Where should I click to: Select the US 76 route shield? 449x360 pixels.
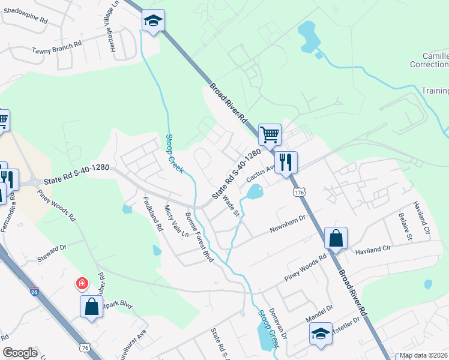click(x=86, y=347)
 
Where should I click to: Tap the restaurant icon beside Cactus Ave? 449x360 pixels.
click(x=286, y=162)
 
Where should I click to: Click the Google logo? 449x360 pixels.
click(x=20, y=353)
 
